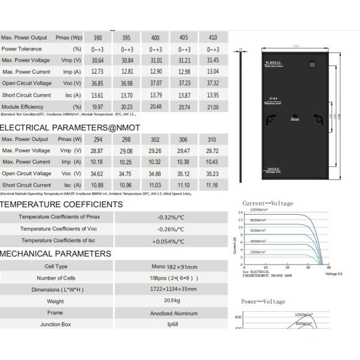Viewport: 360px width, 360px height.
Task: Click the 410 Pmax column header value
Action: point(212,38)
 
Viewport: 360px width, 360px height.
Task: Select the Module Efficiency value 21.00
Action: point(212,106)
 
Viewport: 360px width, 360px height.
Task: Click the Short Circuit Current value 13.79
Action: point(155,95)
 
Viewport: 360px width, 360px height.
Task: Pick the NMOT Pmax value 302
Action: point(155,139)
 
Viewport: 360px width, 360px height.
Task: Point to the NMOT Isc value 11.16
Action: point(212,185)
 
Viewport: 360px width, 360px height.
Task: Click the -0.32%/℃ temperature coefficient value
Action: point(170,217)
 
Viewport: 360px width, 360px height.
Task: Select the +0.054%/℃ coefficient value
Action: point(170,241)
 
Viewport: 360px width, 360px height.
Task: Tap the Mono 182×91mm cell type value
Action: point(170,266)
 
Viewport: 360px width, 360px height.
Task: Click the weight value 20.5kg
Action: point(170,301)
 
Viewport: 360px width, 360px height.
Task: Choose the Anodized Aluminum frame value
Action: point(170,313)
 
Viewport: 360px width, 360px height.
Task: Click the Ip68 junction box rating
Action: point(170,325)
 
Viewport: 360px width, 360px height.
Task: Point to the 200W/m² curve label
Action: point(258,252)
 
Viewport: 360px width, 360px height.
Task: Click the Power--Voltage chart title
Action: point(263,301)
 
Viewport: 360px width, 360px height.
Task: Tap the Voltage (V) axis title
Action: point(334,274)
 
